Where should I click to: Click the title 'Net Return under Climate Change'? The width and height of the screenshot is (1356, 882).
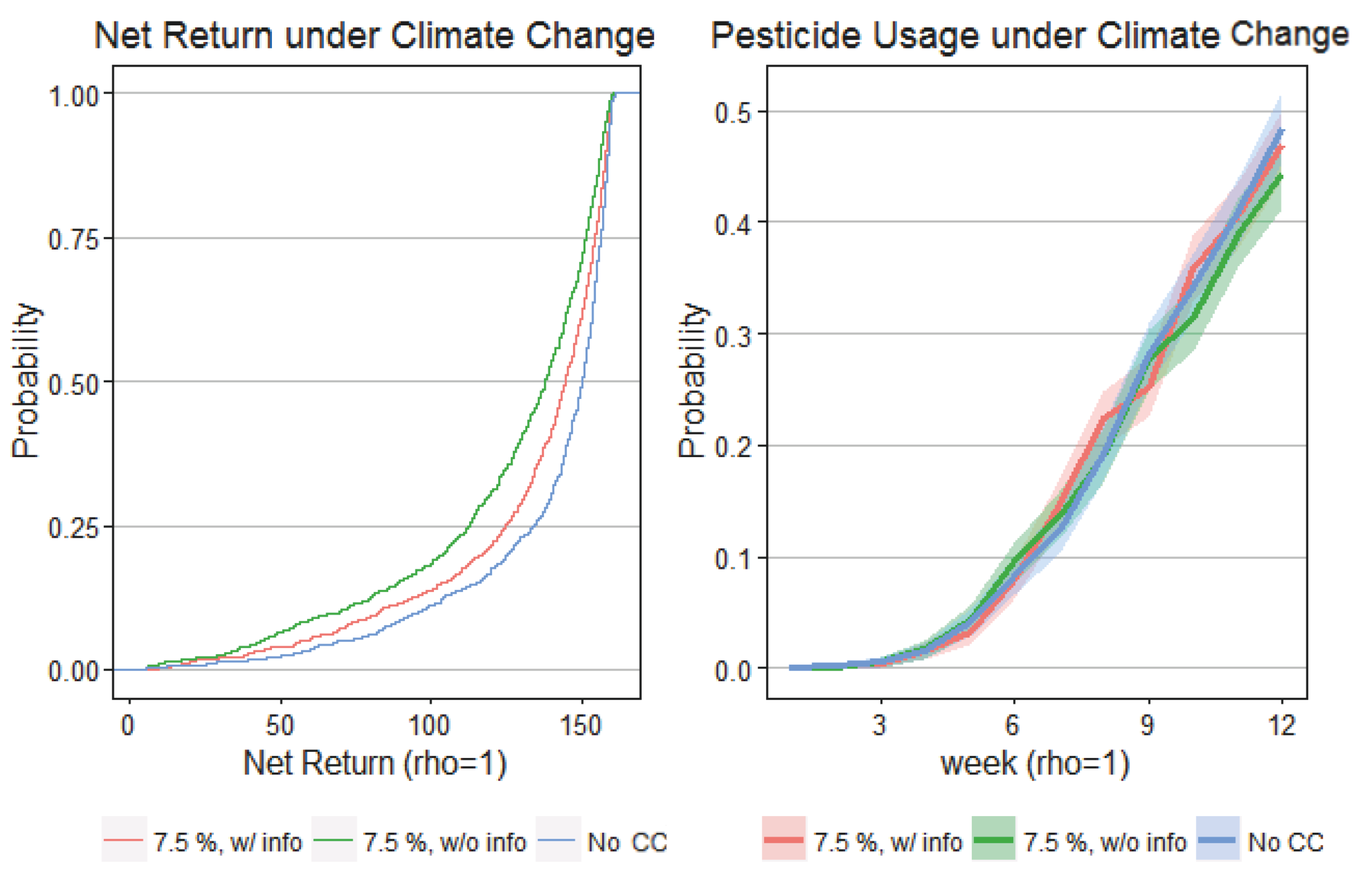pos(374,36)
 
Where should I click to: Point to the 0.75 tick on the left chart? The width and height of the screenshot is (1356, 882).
pos(73,239)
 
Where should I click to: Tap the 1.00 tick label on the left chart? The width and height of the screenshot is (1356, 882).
pos(73,95)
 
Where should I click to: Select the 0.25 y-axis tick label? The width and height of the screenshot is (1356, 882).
pos(73,528)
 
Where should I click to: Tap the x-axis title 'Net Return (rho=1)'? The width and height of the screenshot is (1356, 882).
pos(374,763)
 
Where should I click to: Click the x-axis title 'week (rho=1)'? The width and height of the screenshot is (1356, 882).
pos(1035,763)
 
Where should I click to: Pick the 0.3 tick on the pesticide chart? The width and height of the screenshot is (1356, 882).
pos(733,335)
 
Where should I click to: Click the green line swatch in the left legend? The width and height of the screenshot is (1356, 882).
pos(334,840)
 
